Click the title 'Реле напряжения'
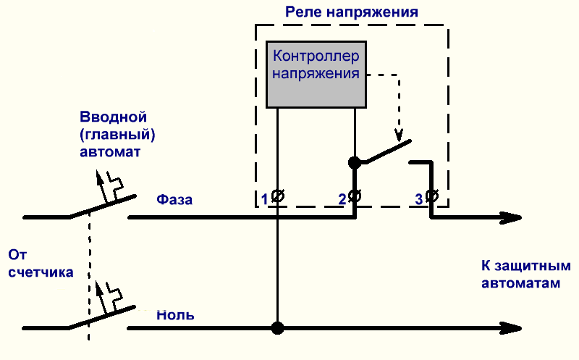coord(352,12)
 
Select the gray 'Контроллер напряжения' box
coord(316,75)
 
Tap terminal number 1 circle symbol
coord(278,196)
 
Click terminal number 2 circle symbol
coord(355,196)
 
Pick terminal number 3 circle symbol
coord(431,196)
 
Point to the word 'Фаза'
coord(174,200)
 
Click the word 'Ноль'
coord(175,315)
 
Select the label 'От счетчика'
coord(41,264)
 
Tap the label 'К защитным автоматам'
coord(526,275)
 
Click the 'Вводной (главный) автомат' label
coord(117,134)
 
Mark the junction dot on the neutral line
coord(278,328)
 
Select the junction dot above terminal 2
coord(355,162)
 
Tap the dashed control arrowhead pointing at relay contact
coord(399,135)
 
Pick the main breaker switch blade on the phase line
coord(103,206)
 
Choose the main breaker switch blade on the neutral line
coord(102,317)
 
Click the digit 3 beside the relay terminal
coord(419,200)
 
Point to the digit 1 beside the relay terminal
coord(264,200)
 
